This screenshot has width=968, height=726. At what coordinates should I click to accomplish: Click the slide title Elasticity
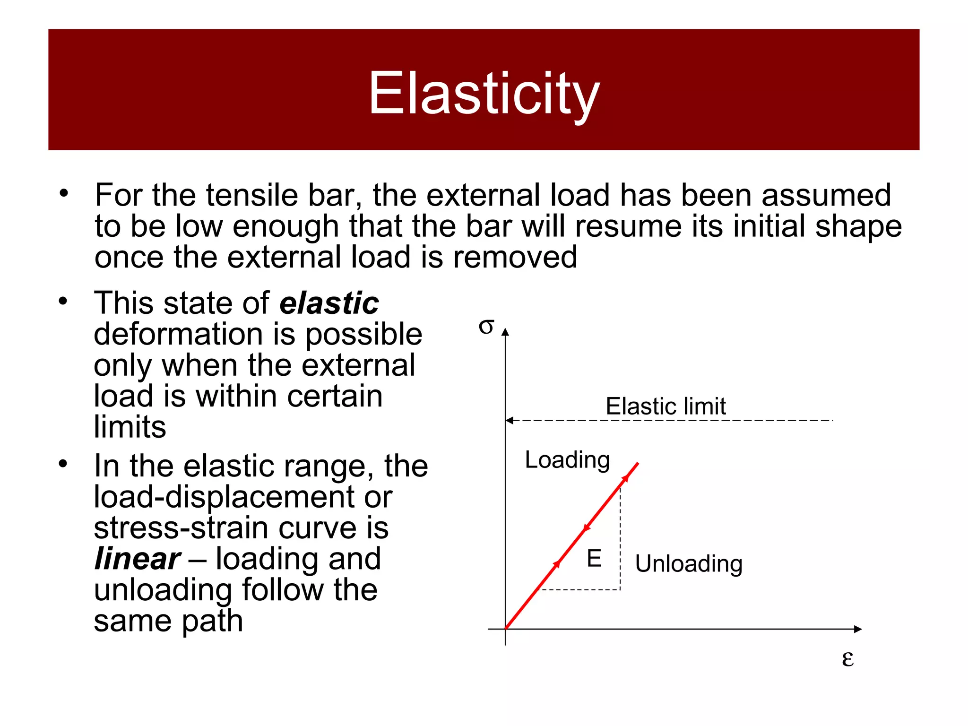[x=484, y=93]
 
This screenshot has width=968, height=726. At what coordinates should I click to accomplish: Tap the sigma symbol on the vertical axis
[x=486, y=326]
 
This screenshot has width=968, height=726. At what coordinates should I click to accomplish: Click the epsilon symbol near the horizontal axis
[x=847, y=658]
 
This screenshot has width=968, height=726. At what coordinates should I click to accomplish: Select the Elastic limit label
[x=665, y=406]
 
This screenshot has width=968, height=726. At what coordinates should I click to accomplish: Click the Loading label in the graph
[x=567, y=460]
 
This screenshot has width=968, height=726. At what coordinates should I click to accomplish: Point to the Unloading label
[x=689, y=563]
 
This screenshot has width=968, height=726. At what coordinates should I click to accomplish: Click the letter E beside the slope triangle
[x=594, y=559]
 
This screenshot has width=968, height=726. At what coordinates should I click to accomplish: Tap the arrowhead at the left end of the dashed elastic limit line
[x=509, y=420]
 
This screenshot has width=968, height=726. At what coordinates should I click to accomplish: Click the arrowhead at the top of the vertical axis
[x=505, y=332]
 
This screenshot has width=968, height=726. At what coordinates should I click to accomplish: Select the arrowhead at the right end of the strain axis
[x=858, y=629]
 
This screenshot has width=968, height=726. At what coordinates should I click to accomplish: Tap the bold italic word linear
[x=137, y=559]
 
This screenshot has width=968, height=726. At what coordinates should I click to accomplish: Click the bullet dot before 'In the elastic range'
[x=63, y=464]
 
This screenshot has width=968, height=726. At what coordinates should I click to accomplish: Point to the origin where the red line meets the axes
[x=506, y=629]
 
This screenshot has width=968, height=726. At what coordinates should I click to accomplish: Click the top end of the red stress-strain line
[x=638, y=464]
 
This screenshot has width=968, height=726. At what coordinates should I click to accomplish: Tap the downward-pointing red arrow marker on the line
[x=587, y=528]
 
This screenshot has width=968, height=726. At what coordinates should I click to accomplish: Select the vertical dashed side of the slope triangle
[x=620, y=539]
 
